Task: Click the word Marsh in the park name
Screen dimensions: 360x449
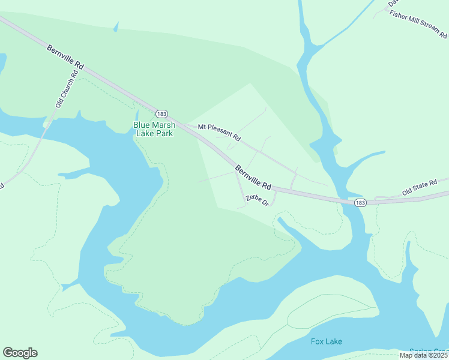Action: (x=163, y=125)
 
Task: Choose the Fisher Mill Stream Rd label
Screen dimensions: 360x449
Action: (x=418, y=23)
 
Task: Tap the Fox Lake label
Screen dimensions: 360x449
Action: (x=327, y=342)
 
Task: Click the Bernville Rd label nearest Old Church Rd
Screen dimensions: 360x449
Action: (x=66, y=58)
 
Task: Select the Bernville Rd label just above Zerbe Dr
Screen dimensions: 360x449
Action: (x=253, y=178)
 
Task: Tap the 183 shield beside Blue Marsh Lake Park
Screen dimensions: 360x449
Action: (x=161, y=113)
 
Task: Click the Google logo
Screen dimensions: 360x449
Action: (x=20, y=353)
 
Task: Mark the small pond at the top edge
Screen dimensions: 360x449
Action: (x=115, y=27)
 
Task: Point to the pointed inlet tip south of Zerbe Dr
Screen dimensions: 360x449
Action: (x=279, y=220)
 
